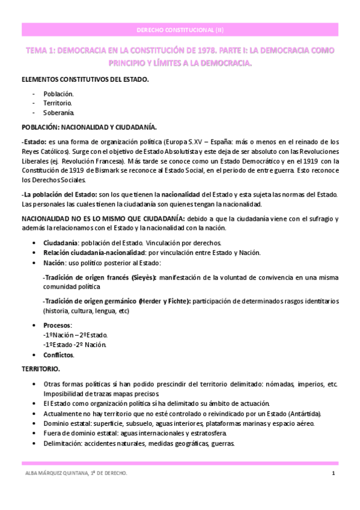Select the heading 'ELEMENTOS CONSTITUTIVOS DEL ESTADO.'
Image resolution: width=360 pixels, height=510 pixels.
85,79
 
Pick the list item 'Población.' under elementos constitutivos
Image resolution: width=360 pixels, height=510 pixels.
58,94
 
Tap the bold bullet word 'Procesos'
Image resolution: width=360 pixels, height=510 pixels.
57,325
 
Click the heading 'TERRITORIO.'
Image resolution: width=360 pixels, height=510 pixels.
40,368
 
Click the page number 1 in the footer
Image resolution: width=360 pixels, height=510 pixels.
333,474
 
